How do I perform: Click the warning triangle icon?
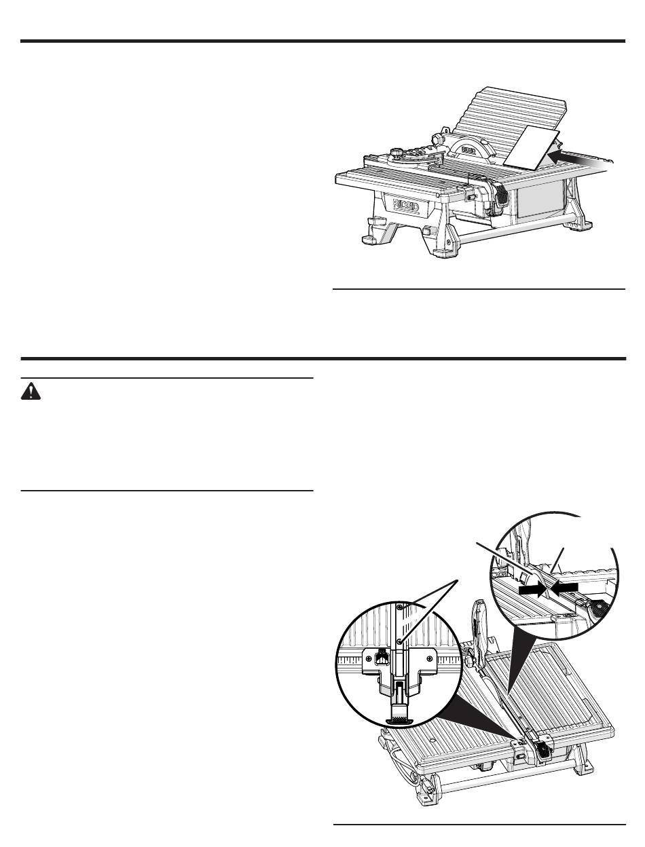31,391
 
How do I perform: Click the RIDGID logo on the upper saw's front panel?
406,205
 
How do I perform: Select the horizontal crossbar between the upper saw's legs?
515,231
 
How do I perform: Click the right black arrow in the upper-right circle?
564,588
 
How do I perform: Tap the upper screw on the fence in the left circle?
401,607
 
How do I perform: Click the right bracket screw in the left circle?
429,657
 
